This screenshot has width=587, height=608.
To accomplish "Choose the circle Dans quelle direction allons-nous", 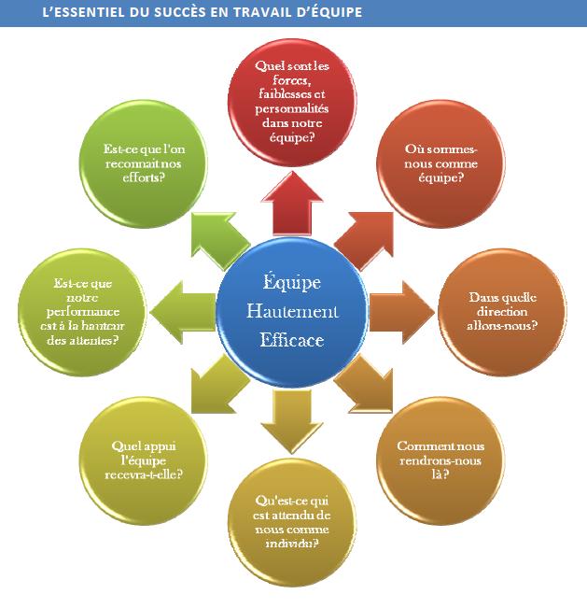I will click(502, 311).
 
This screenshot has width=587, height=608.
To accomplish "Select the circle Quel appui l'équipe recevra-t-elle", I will click(146, 459).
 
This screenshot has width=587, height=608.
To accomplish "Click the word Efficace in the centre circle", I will click(292, 340).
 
